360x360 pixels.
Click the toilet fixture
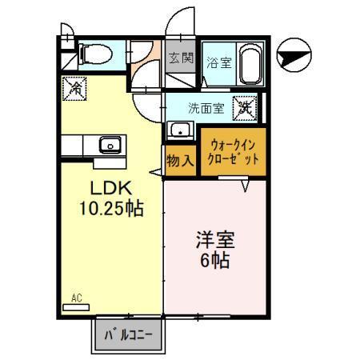click(x=94, y=54)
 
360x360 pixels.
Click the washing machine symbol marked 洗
click(x=243, y=105)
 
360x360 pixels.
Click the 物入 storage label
click(x=179, y=159)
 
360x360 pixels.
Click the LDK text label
click(x=109, y=190)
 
